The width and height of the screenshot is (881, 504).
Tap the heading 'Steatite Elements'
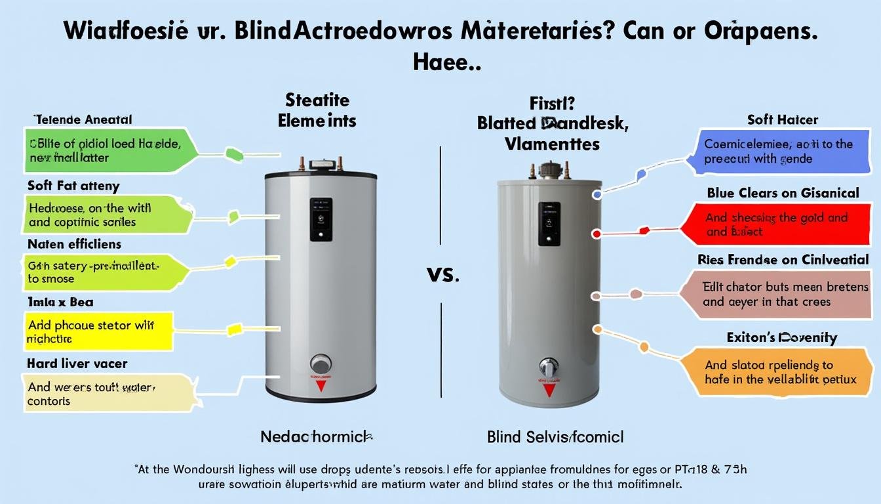click(x=317, y=110)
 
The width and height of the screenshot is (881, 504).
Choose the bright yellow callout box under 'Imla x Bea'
click(x=98, y=331)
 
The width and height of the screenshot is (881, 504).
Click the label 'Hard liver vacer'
click(x=77, y=363)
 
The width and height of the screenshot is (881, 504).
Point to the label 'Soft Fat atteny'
click(x=73, y=186)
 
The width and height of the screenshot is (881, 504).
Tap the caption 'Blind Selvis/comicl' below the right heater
click(x=555, y=436)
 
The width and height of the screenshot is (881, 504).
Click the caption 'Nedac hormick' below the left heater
click(x=317, y=436)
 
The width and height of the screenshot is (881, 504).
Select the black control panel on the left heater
click(x=321, y=219)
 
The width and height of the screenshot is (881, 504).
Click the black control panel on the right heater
click(x=549, y=224)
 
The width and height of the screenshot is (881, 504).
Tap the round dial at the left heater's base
click(x=321, y=364)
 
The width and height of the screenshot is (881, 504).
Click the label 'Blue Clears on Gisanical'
click(x=783, y=193)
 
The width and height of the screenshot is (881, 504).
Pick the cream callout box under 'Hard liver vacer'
click(x=105, y=393)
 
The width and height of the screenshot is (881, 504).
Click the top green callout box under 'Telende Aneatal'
click(x=108, y=149)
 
